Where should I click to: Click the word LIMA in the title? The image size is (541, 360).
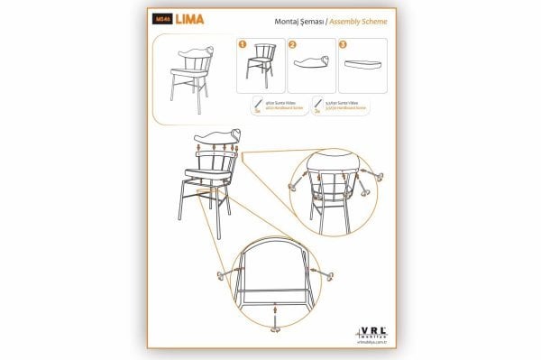click(x=188, y=18)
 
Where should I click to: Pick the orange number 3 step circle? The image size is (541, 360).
click(x=343, y=42)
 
